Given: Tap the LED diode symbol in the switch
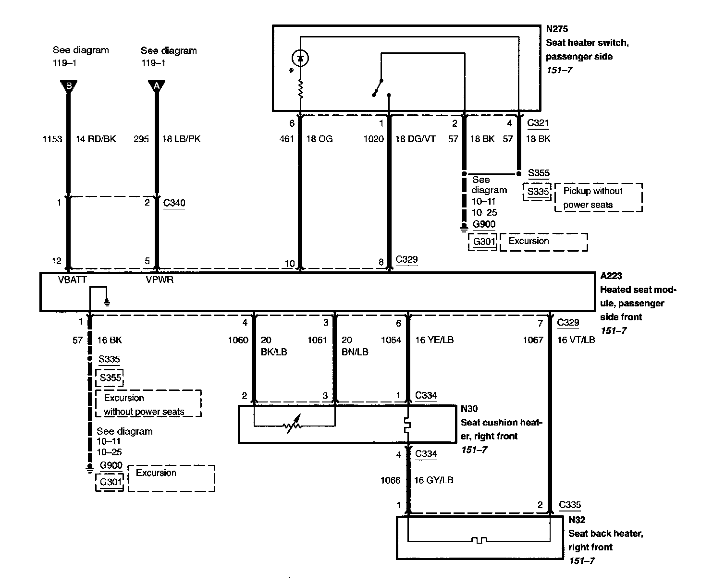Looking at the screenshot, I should pos(301,59).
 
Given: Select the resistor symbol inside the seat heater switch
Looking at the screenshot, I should pos(301,89).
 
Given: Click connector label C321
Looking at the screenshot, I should pos(538,123).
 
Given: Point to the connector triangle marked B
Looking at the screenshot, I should pos(69,86).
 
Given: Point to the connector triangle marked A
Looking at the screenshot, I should pos(157,86).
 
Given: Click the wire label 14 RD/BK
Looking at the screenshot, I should pos(96,139).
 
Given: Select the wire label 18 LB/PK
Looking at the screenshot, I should pos(181,139).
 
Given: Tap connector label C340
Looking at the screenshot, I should pos(174,203).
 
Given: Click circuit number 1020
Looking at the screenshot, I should pos(373,139).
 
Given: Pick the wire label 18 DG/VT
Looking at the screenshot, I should pos(415,139).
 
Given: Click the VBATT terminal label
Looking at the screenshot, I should pos(72,280).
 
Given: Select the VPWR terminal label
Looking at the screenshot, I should pos(160,280).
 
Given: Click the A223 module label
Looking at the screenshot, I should pos(611,276).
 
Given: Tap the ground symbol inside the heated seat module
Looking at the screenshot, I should pos(107,302).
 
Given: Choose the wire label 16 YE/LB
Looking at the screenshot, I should pos(434,340).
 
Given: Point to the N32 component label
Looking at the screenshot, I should pos(577,520).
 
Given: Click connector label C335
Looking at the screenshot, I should pos(570,505).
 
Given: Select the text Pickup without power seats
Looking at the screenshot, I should pos(593,198).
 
